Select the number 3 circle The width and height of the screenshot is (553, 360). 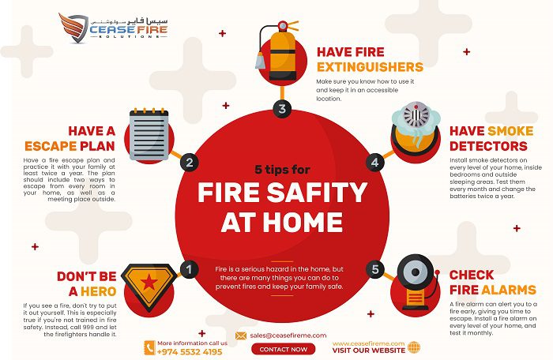click(282, 109)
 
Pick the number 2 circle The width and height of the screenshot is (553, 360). click(188, 163)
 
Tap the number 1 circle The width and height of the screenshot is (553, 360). click(188, 269)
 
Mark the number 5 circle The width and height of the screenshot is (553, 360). click(375, 269)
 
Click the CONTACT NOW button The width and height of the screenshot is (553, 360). click(282, 349)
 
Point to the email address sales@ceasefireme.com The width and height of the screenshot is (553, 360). click(288, 335)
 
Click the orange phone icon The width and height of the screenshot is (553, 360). click(149, 347)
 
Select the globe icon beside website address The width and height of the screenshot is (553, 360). click(415, 347)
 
